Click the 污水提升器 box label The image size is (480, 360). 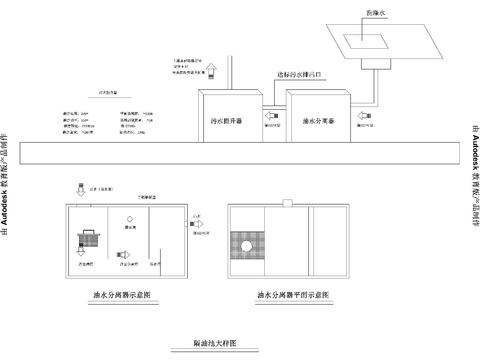tap(228, 119)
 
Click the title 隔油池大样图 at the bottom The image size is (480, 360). tap(214, 343)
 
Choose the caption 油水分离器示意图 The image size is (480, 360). tap(121, 297)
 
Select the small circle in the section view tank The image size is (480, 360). tap(128, 219)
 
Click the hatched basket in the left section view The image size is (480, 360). tap(87, 239)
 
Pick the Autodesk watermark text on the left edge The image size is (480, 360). tap(9, 180)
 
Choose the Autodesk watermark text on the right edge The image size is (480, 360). tap(471, 180)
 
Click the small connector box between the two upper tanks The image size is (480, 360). tap(270, 114)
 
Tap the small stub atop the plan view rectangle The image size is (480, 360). tap(288, 202)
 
